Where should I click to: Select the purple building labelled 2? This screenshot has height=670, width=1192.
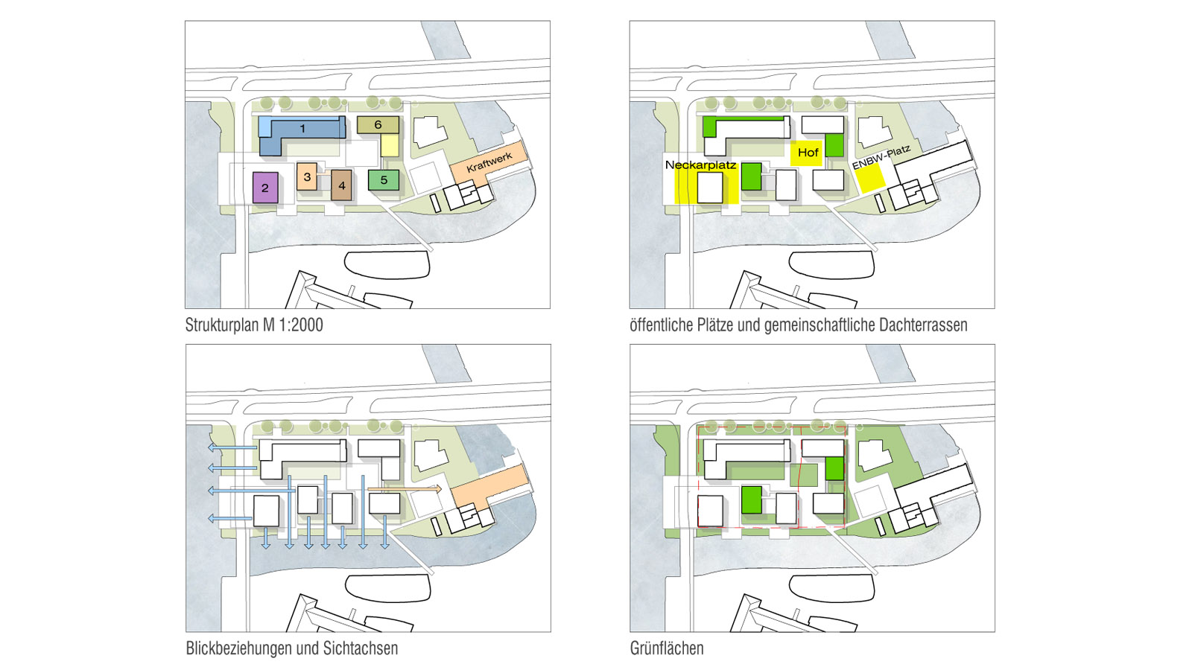265,187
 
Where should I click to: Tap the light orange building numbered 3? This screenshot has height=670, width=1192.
307,176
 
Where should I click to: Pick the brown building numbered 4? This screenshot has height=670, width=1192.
342,185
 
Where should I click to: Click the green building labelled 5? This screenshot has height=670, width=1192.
384,180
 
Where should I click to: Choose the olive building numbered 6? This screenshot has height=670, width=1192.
378,125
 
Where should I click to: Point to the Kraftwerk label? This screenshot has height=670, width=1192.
489,162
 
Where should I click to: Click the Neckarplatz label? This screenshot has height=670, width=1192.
700,165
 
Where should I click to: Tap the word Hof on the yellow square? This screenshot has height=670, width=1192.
808,153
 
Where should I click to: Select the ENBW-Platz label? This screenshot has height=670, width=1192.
881,157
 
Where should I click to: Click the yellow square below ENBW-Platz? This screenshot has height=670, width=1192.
871,178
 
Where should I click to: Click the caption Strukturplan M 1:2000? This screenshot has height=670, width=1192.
254,325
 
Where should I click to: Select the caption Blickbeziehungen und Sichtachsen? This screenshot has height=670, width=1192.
291,648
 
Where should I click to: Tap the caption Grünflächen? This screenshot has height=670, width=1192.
667,648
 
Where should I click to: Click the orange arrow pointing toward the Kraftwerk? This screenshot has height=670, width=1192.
405,488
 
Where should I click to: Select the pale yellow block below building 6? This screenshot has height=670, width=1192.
390,145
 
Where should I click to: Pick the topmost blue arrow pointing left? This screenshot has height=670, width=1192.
232,447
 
